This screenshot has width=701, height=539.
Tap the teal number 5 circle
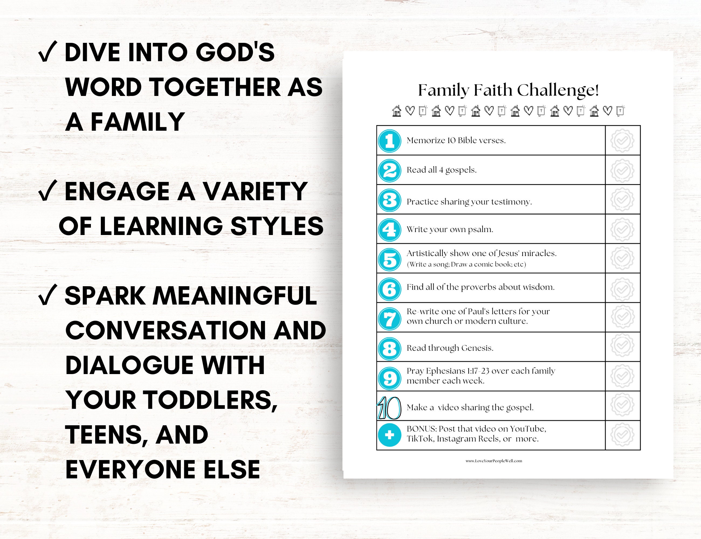click(x=390, y=260)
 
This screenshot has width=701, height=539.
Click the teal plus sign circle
click(x=390, y=435)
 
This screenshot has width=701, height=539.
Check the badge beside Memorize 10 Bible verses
click(x=622, y=140)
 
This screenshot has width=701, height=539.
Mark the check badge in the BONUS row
click(x=622, y=435)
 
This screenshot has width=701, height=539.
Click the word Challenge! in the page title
click(x=558, y=91)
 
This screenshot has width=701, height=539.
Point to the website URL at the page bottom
click(x=494, y=461)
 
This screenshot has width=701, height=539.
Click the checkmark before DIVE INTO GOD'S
click(x=48, y=52)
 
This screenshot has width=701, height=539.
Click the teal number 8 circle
click(x=390, y=348)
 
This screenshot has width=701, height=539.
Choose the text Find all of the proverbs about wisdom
click(x=480, y=287)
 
